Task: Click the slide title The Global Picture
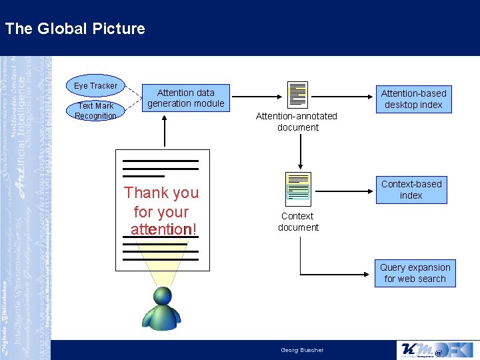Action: [75, 29]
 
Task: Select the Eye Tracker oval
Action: [95, 85]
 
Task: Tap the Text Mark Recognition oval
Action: [95, 111]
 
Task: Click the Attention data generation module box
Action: [186, 98]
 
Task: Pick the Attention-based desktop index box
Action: [413, 99]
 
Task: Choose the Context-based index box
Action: [411, 189]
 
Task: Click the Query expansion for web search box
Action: [415, 273]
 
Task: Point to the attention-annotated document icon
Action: [297, 95]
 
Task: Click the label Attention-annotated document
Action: [297, 121]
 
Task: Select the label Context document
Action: [298, 221]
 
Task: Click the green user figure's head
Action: [163, 296]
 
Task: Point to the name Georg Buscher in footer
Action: [302, 350]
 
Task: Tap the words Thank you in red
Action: [161, 193]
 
